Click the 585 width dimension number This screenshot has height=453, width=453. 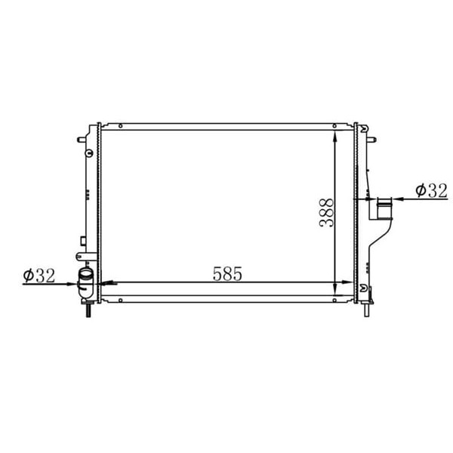click(227, 273)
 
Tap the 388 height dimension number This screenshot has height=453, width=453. click(326, 213)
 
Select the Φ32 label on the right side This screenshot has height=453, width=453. click(431, 190)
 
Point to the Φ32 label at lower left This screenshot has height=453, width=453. click(39, 276)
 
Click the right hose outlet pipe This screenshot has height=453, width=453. click(384, 208)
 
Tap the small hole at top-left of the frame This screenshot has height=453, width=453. click(121, 126)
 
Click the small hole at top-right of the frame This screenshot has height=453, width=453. click(334, 126)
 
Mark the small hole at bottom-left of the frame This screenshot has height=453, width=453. click(121, 300)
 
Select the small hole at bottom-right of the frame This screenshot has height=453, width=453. click(334, 300)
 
